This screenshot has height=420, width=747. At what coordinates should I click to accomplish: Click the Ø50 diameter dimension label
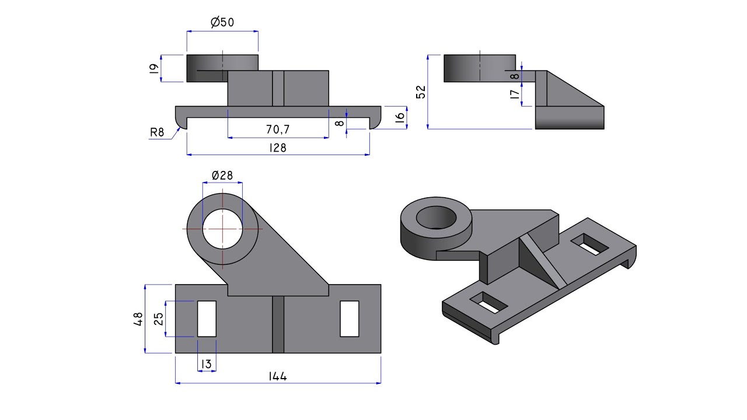point(222,23)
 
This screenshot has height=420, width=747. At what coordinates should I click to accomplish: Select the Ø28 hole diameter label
point(222,175)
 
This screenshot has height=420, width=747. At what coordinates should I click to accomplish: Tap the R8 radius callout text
point(157,132)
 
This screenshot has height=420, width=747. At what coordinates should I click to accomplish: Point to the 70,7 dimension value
point(278,129)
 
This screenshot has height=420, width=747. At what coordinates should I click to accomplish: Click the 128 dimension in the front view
point(278,148)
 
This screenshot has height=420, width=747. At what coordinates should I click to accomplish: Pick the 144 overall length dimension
point(278,376)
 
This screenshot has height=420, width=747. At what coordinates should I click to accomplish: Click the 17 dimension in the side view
point(515,94)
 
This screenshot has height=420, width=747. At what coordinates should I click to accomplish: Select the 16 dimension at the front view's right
point(400,117)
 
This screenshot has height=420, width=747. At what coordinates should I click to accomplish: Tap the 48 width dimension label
point(138,318)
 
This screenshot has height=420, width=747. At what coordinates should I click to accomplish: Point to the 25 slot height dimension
point(158,318)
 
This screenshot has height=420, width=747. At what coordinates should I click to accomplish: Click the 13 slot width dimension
point(207,365)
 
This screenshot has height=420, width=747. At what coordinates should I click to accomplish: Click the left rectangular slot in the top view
point(207,318)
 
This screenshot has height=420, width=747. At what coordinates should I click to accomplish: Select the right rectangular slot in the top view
point(350,318)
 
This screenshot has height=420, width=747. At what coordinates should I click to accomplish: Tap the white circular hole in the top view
point(222,229)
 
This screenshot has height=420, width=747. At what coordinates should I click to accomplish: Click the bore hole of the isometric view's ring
point(436,218)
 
